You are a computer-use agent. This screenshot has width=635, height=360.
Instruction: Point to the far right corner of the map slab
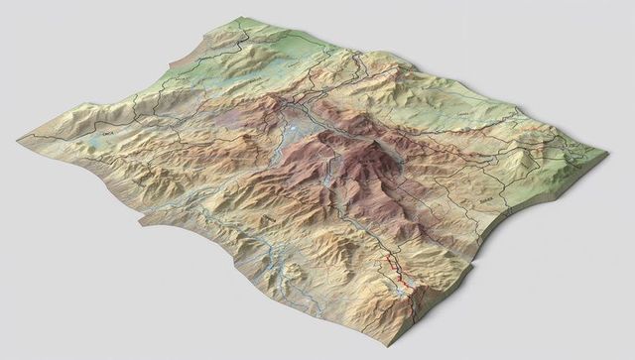[605, 155]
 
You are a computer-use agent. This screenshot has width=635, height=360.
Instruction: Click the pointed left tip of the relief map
[19, 138]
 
